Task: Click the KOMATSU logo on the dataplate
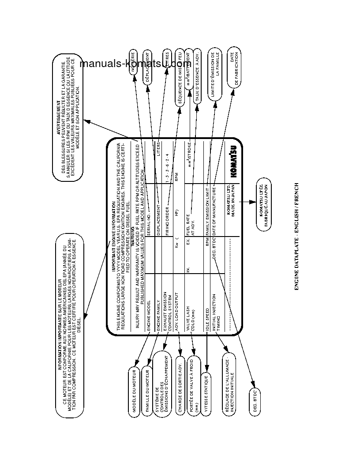tap(233, 162)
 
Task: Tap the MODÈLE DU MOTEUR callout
tap(134, 390)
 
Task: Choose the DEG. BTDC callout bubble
tap(255, 400)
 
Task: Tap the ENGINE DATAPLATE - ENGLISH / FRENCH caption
tap(296, 236)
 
